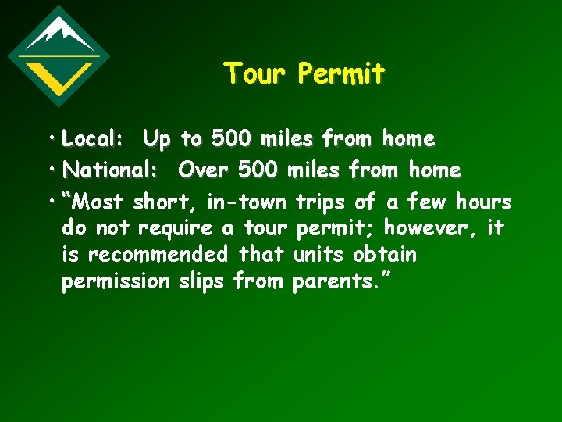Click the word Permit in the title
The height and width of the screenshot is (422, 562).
[342, 73]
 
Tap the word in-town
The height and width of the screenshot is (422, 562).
[246, 202]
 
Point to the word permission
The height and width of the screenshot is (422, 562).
[116, 281]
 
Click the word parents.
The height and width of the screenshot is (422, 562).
[336, 281]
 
